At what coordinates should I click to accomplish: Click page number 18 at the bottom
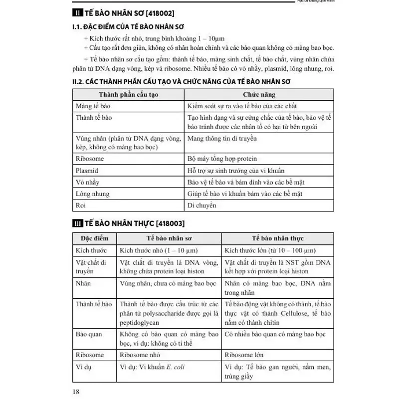coord(76,392)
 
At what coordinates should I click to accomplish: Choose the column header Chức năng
coord(259,94)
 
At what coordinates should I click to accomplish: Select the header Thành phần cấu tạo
coord(128,94)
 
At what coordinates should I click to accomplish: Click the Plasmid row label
coord(87,170)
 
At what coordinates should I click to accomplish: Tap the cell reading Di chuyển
coord(202,205)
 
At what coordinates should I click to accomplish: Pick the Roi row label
coord(81,205)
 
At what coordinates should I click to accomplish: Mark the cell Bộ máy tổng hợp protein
coord(222,159)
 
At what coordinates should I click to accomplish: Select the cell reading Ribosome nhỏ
coord(141,355)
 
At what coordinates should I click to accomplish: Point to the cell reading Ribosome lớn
coord(244,355)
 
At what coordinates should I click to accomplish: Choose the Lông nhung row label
coord(93,194)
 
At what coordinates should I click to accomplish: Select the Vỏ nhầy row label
coord(87,182)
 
